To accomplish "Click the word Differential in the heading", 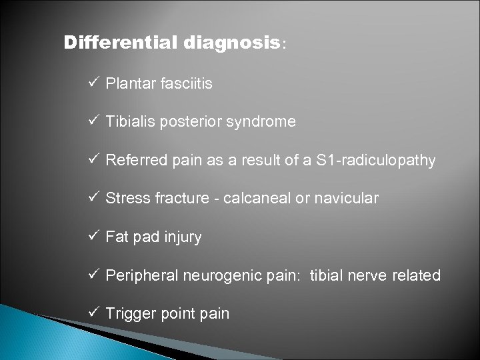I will point(119,43).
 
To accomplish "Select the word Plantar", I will point(127,84).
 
